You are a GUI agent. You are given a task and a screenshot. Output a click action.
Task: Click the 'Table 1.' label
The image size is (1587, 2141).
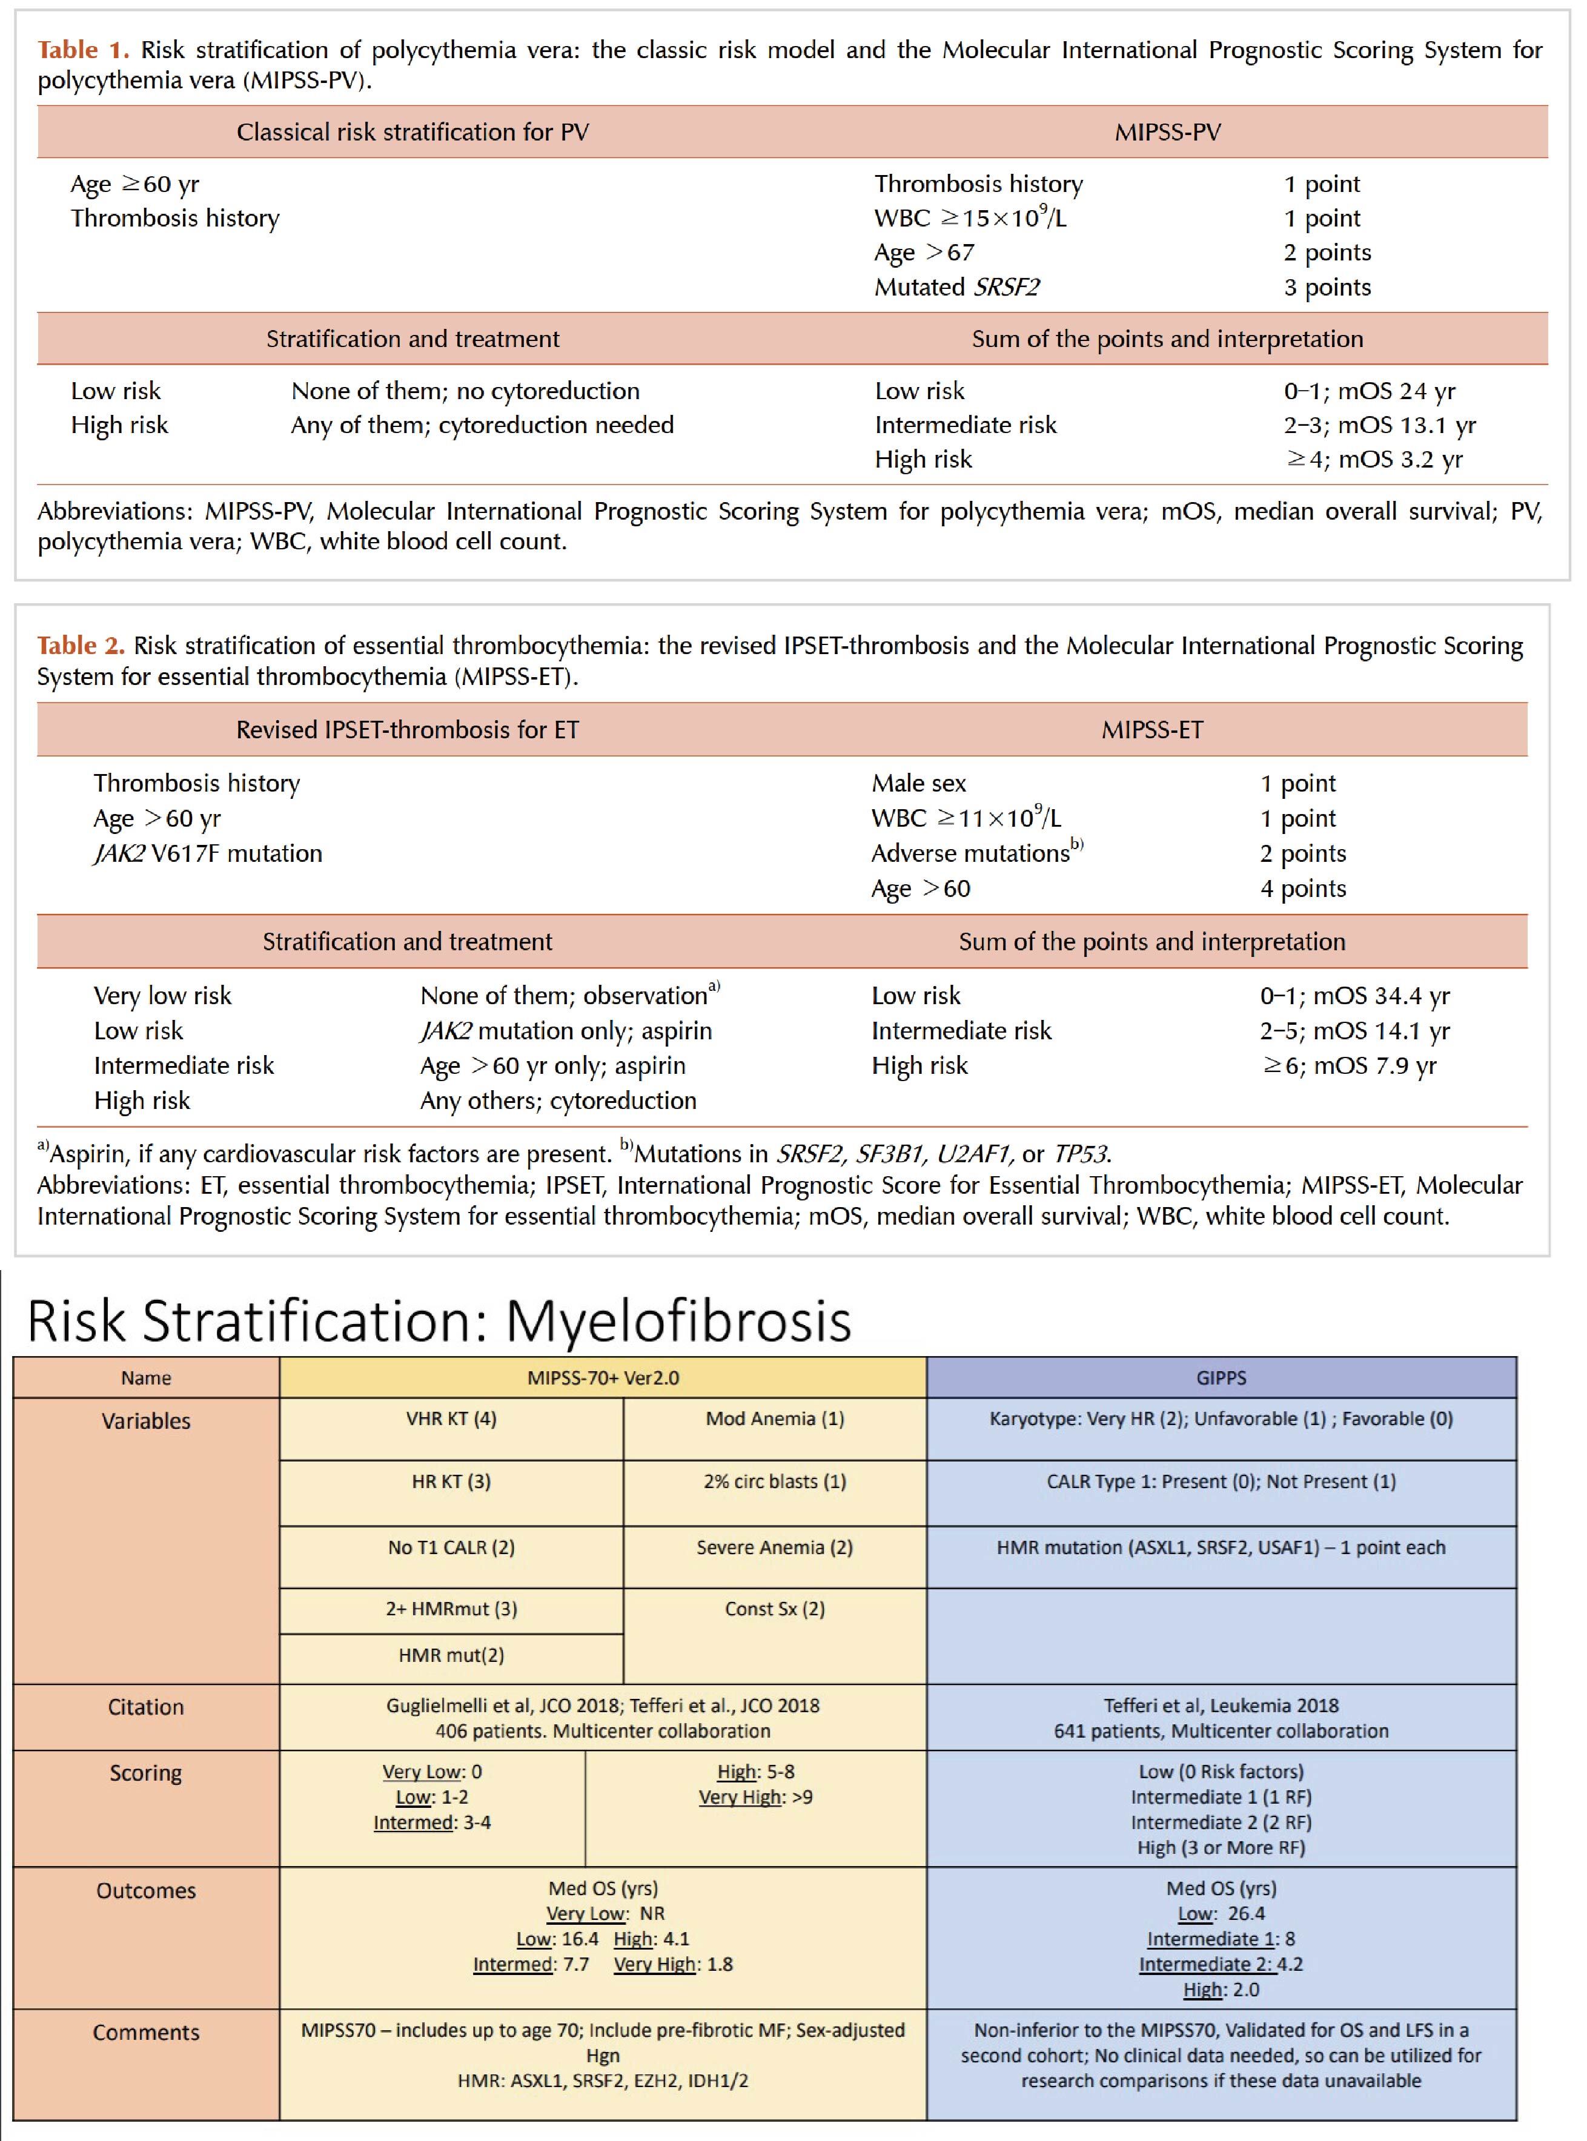coord(82,50)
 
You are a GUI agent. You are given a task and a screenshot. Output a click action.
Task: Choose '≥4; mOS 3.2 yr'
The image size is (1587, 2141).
coord(1374,459)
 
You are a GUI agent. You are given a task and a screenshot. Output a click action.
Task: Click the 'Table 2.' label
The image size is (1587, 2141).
coord(81,646)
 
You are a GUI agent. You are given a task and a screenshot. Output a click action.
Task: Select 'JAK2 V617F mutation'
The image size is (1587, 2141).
coord(208,853)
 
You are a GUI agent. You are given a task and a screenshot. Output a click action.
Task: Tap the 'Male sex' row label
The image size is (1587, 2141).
coord(918,783)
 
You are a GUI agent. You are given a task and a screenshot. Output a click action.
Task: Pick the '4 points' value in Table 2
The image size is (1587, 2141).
coord(1303,888)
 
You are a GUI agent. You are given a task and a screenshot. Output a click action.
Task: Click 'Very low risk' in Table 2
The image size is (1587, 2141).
coord(162,995)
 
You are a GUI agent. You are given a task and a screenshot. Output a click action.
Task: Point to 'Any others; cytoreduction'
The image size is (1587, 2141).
coord(558,1100)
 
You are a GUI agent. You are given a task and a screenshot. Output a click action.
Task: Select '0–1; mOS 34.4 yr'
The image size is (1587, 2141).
coord(1354,995)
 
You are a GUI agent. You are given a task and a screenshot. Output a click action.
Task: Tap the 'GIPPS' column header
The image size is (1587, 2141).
coord(1221,1377)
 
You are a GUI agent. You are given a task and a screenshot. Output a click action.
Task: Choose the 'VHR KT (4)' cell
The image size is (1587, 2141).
coord(451,1418)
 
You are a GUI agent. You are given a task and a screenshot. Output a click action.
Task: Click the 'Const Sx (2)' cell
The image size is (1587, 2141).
coord(774,1609)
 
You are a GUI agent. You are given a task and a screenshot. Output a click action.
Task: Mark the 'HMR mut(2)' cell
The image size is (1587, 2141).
coord(451,1655)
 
